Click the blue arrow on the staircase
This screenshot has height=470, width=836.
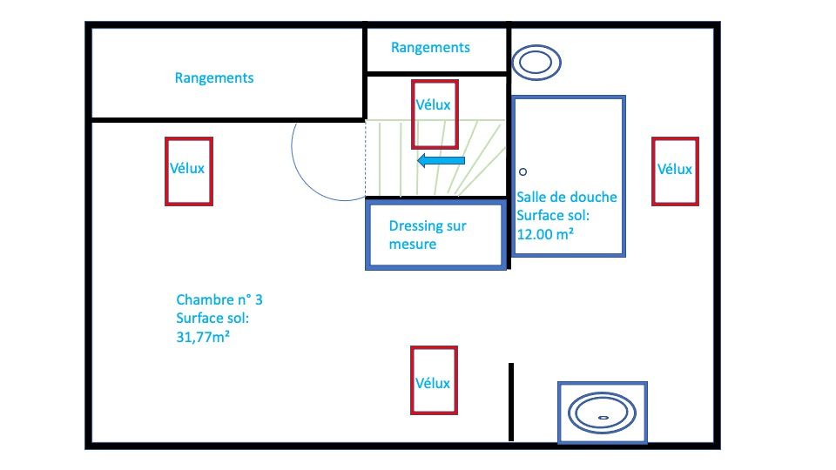click(x=441, y=161)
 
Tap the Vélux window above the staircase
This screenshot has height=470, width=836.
click(x=434, y=113)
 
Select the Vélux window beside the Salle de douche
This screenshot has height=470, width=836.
click(x=675, y=171)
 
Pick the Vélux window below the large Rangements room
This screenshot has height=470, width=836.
click(x=189, y=171)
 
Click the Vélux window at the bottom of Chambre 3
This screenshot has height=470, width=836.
click(x=433, y=379)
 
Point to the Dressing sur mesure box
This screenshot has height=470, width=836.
click(x=435, y=235)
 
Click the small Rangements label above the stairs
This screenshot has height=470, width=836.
click(x=430, y=48)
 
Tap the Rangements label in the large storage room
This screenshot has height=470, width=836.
click(x=214, y=78)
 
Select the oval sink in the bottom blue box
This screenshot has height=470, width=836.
click(x=601, y=413)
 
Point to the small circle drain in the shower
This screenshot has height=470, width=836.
click(x=523, y=171)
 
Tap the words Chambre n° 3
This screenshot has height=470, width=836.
click(x=219, y=300)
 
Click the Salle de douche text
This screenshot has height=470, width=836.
click(x=567, y=198)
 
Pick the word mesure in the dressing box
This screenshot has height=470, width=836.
click(x=413, y=245)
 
